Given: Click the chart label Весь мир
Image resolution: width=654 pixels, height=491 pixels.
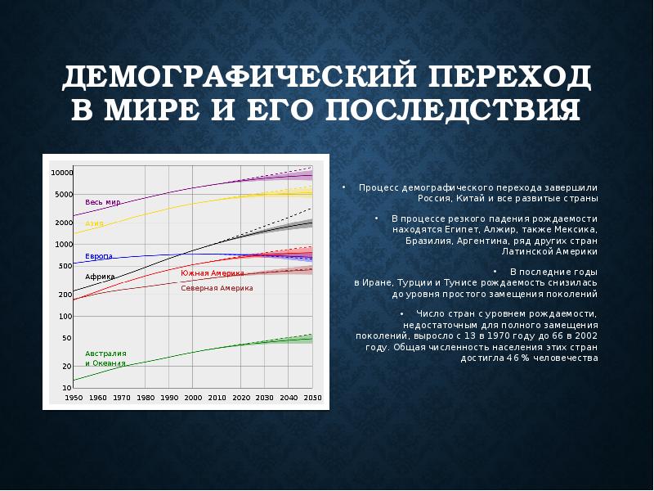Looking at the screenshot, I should pos(102,201).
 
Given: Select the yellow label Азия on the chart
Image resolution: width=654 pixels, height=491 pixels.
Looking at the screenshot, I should pos(94,223).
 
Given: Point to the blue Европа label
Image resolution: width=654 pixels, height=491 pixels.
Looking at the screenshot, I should pos(98,256).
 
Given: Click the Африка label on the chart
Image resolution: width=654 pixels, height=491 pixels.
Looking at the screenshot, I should pos(100,277).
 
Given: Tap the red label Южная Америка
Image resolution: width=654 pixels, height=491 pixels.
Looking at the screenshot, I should pos(212,273).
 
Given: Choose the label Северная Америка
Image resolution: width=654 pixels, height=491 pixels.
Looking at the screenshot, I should pos(217,288).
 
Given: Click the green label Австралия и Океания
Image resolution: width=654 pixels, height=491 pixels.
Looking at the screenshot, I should pos(105,358).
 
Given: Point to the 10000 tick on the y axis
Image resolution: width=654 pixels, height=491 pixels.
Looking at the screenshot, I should pos(61,173).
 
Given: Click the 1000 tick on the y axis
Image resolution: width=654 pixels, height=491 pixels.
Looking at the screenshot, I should pos(63,244).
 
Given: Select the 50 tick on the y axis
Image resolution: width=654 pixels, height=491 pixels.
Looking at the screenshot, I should pos(66,337).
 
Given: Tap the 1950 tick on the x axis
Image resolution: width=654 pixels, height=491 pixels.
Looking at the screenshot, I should pos(74,397).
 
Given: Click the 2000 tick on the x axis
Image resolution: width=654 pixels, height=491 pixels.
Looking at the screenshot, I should pos(193,397).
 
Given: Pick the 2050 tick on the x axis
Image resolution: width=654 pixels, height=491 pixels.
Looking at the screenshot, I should pos(311,397).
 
